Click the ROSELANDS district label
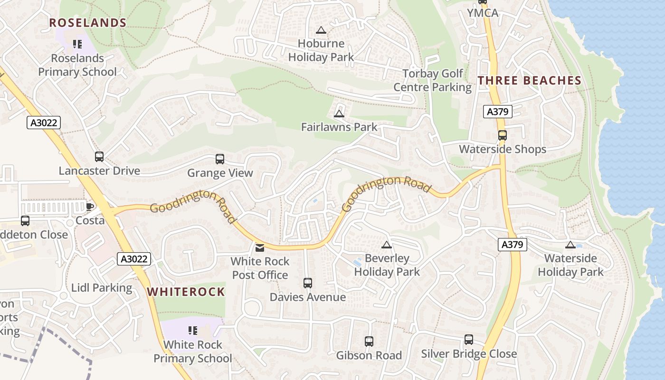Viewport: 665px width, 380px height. [x=88, y=23]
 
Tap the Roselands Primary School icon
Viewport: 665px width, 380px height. [x=77, y=44]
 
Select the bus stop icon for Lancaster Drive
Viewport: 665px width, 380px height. [x=99, y=157]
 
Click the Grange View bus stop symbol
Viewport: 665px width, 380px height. [x=220, y=159]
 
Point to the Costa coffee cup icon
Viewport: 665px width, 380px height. [x=90, y=207]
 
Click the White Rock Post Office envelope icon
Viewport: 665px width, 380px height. [x=260, y=247]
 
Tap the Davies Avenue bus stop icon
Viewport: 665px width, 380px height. [x=308, y=283]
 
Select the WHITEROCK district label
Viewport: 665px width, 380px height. [x=186, y=292]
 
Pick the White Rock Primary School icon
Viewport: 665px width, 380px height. [x=193, y=330]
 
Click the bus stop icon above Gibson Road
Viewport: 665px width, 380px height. [x=369, y=341]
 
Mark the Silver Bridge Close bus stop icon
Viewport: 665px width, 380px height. [x=469, y=340]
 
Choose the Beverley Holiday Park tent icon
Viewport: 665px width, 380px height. [x=387, y=245]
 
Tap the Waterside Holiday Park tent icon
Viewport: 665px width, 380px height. [x=570, y=245]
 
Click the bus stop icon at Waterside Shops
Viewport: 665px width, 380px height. [x=503, y=135]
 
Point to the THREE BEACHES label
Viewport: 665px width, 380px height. [x=530, y=81]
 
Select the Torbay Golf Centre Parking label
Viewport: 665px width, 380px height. [x=432, y=80]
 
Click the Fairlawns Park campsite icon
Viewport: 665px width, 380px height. [x=339, y=113]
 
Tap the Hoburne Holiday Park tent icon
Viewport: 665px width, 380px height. [x=321, y=30]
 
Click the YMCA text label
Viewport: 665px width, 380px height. [x=483, y=13]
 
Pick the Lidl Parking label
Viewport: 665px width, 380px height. [x=102, y=288]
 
